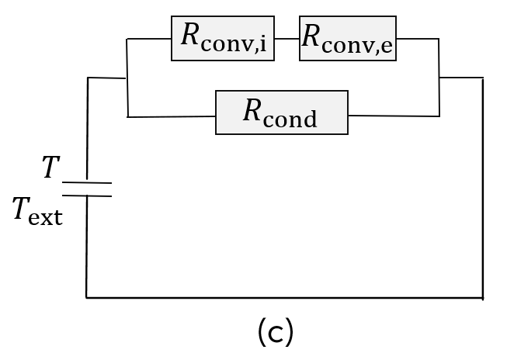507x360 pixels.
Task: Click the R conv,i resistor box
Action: click(222, 38)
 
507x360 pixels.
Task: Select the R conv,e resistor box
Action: click(347, 38)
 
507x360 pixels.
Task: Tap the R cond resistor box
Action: click(281, 112)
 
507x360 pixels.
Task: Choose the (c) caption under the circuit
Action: click(275, 332)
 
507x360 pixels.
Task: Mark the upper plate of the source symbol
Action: click(86, 183)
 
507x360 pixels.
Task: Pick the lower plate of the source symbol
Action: click(86, 196)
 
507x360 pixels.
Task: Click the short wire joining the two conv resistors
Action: click(286, 38)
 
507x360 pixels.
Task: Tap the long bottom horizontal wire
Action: click(284, 297)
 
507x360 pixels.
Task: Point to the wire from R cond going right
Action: click(393, 116)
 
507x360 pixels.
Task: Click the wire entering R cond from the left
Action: click(172, 116)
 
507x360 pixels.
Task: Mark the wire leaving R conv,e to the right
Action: click(417, 38)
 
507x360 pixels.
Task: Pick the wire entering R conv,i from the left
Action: click(149, 38)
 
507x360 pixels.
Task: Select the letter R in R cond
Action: click(252, 111)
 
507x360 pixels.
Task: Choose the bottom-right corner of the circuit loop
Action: click(483, 297)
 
